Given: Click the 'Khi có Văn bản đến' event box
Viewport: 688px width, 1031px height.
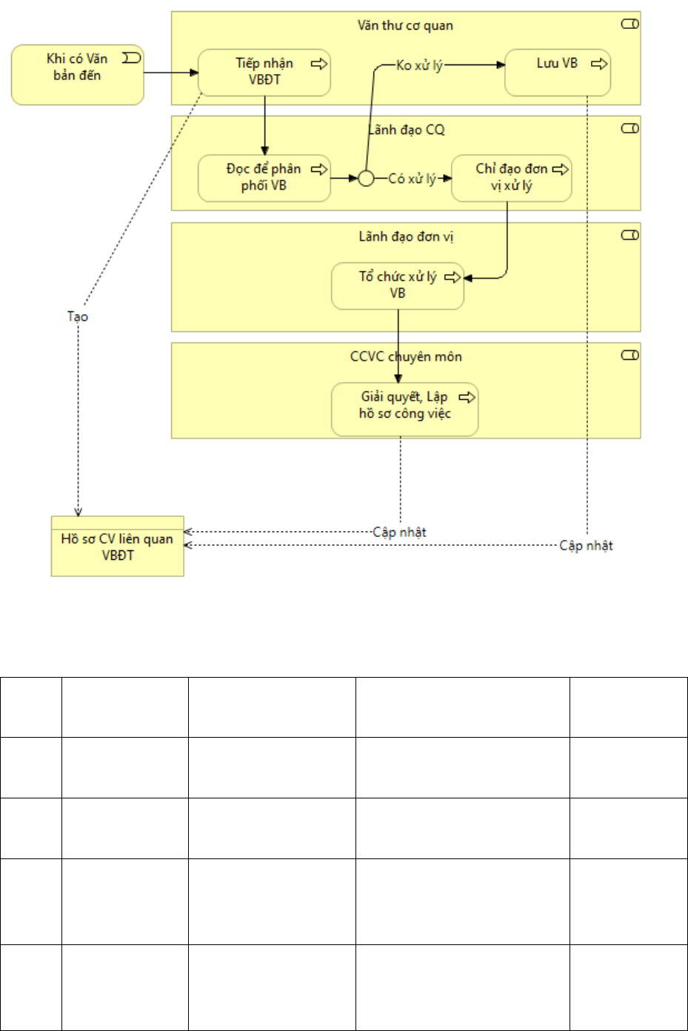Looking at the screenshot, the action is coord(77,75).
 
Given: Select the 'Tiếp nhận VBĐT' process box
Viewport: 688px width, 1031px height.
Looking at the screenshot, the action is coord(264,73).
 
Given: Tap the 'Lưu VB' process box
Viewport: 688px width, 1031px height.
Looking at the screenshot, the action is coord(558,73).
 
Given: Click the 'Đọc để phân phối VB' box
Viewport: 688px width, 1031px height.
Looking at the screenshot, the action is coord(264,178).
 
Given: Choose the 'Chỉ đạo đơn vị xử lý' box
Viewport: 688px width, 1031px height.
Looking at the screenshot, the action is coord(512,178).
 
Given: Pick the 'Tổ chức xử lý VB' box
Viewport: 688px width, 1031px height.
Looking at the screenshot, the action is coord(398,286).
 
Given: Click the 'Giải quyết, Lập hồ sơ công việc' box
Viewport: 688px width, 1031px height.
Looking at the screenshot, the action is coord(405,409).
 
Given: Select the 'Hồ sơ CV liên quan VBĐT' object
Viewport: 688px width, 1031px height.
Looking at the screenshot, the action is coord(118,546).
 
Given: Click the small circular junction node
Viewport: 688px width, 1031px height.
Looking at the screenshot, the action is coord(366,178).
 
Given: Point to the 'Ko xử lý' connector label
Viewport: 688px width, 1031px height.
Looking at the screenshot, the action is coord(419,65).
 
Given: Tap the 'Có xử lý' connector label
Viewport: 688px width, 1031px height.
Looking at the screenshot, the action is coord(412,178).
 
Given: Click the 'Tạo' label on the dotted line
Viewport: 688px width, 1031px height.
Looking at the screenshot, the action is coord(77,317).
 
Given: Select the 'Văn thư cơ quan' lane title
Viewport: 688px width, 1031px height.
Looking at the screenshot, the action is coord(405,25).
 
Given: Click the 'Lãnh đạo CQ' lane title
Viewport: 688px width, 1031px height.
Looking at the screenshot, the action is coord(407,130).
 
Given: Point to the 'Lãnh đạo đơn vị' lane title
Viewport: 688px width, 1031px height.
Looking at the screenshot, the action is coord(406,236).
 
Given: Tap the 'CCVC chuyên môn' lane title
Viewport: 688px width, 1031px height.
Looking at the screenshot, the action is coord(406,357).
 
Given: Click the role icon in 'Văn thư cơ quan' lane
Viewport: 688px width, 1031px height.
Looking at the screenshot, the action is coord(630,24).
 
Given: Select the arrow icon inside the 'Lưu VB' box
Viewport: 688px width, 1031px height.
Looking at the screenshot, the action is coord(599,64).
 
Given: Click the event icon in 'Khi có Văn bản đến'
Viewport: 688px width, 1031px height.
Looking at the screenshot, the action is coord(132,58).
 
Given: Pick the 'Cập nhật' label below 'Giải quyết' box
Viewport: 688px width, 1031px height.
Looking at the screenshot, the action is coord(399,532).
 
